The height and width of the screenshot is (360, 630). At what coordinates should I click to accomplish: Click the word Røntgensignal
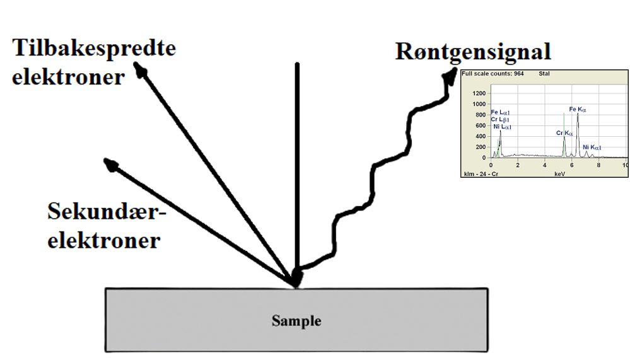[473, 51]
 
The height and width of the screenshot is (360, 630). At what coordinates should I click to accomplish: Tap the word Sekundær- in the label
[106, 212]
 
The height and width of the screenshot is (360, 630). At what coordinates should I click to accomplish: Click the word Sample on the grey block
[296, 321]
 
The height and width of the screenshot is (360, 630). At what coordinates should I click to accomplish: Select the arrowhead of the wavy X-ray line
[452, 76]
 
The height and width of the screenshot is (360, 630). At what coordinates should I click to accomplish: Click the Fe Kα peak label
[578, 109]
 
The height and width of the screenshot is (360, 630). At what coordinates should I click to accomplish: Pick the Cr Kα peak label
[564, 133]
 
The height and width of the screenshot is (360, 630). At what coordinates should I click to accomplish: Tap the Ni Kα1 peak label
[592, 147]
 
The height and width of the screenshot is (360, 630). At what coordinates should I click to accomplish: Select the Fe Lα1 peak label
[500, 112]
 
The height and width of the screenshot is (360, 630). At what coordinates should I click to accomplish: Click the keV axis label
[558, 171]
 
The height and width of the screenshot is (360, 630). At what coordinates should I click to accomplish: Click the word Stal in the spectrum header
[545, 74]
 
